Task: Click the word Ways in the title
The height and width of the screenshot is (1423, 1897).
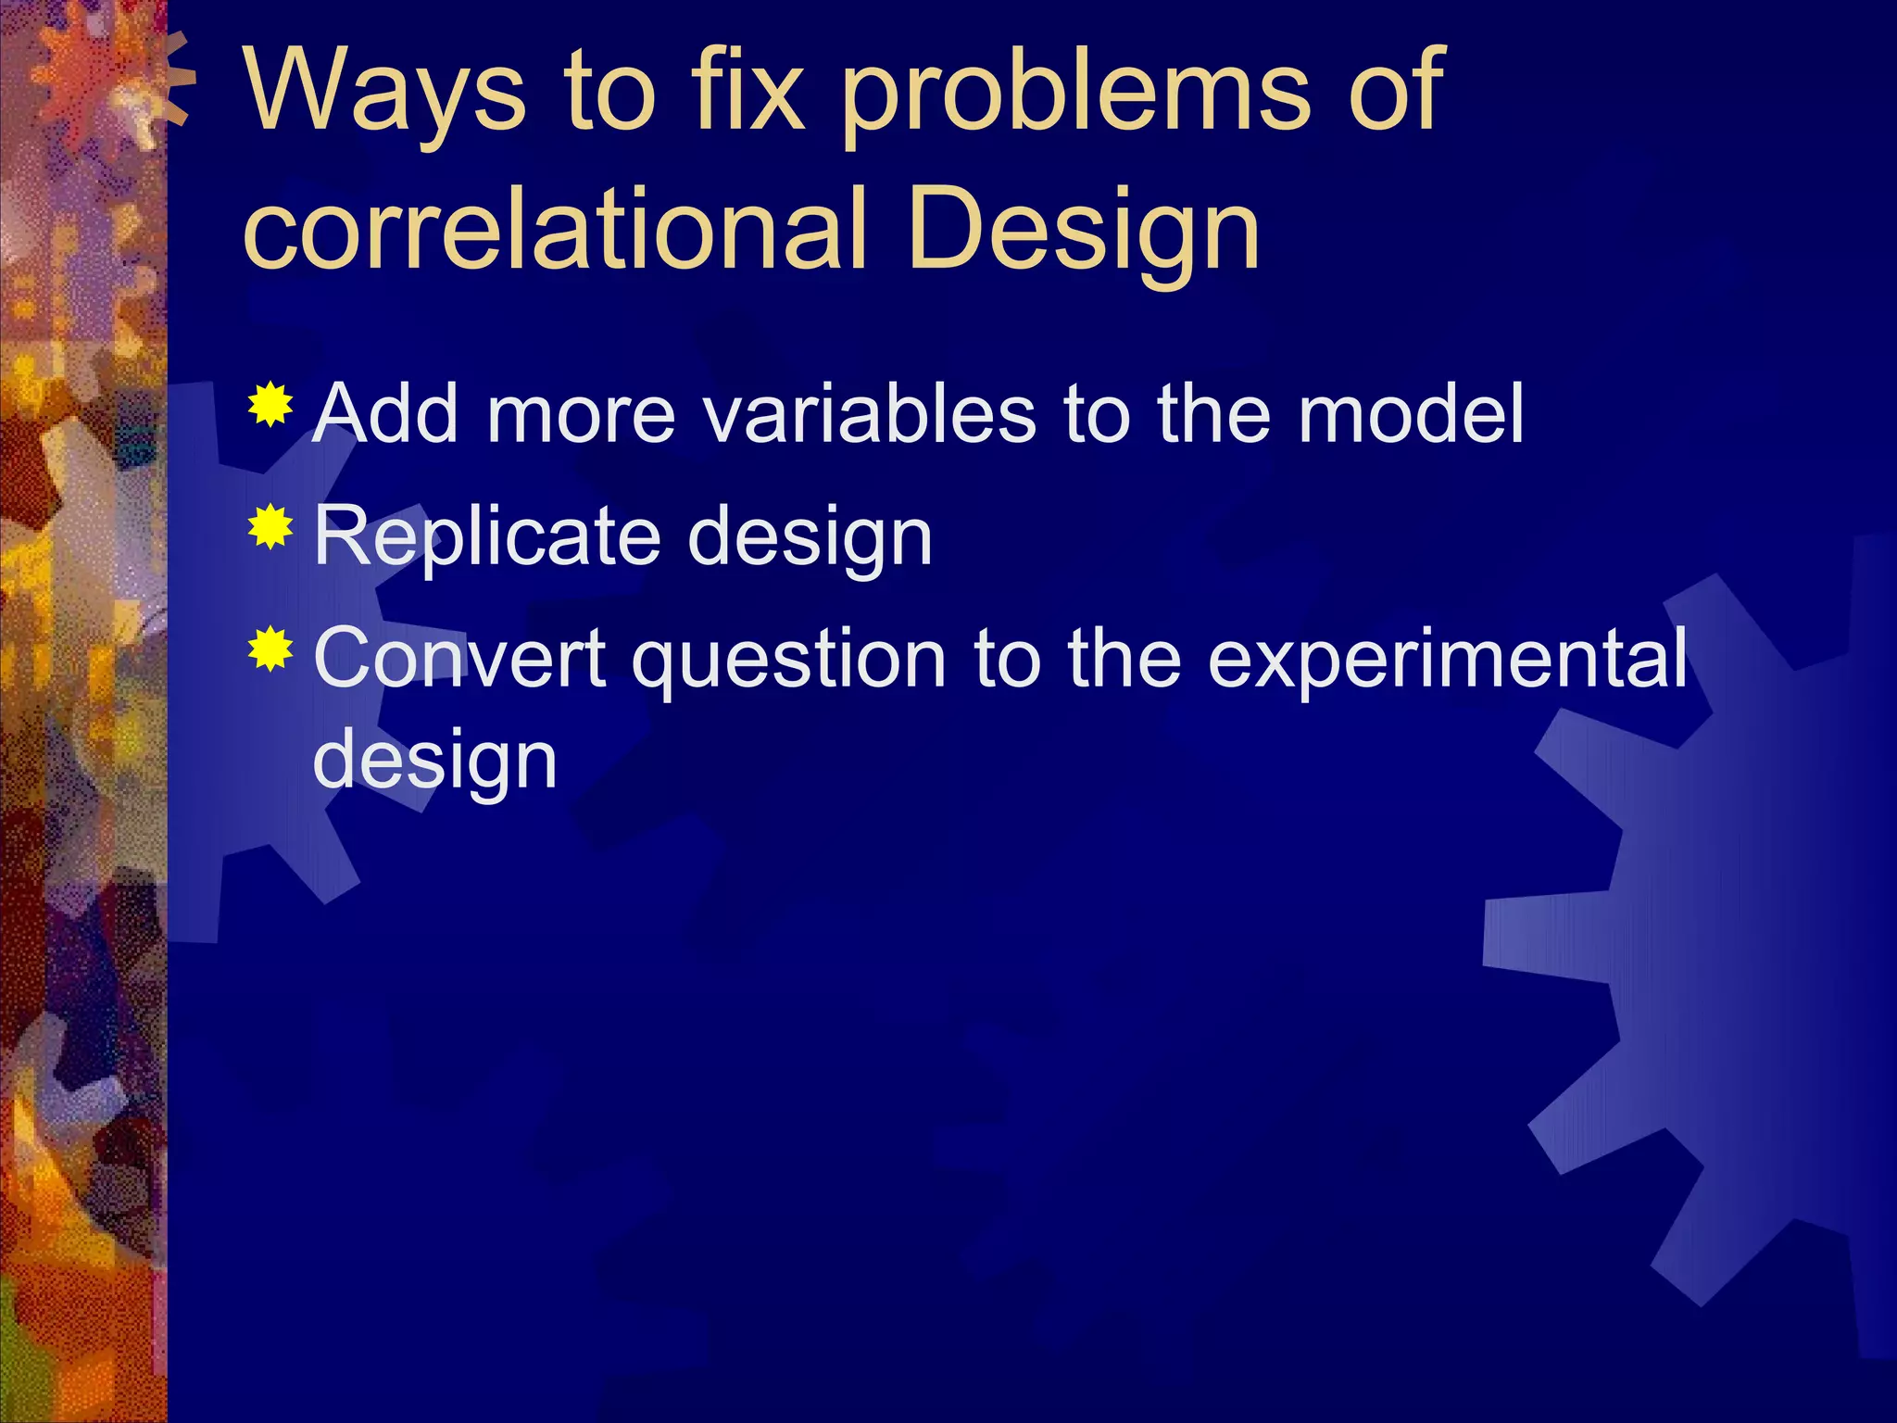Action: coord(384,93)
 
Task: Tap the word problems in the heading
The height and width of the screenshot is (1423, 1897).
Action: coord(1075,93)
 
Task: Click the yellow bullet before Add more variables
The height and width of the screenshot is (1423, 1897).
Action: coord(270,404)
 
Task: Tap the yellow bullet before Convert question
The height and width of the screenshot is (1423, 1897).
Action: coord(270,649)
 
